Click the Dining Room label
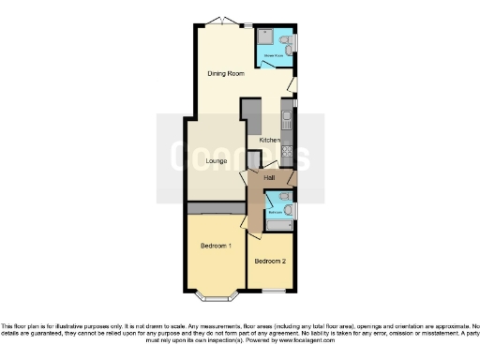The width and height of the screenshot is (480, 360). [226, 73]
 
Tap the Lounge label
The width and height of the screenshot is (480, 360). [216, 161]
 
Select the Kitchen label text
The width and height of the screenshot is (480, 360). [269, 140]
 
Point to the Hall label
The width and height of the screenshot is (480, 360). [269, 178]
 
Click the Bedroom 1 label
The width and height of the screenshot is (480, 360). [216, 246]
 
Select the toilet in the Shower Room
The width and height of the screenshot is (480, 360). [290, 42]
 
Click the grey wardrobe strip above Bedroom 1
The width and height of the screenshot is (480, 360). [215, 207]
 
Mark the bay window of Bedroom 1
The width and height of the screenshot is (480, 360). [215, 297]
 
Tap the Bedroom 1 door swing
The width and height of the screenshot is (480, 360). [246, 221]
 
